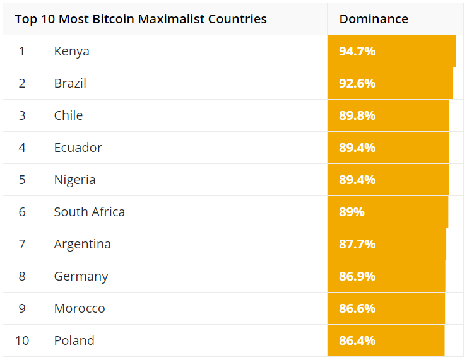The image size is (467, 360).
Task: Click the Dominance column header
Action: [x=374, y=19]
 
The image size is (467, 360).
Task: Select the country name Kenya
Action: [x=71, y=51]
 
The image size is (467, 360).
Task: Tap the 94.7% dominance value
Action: [x=357, y=51]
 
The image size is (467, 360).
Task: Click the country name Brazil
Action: [x=70, y=83]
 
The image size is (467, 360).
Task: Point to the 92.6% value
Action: [x=357, y=83]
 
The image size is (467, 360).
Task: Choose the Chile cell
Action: [x=68, y=115]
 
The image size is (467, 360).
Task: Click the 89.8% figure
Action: [x=357, y=115]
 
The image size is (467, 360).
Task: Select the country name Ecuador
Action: [x=78, y=148]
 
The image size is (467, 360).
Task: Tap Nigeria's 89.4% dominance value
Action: [x=357, y=180]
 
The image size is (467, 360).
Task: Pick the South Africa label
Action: [x=89, y=212]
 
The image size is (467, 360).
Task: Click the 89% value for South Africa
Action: [x=352, y=212]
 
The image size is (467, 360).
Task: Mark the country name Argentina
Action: [x=82, y=244]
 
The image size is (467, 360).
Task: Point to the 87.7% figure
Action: [x=357, y=244]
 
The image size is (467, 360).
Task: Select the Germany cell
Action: [x=81, y=276]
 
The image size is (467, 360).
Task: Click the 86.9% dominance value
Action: [x=357, y=276]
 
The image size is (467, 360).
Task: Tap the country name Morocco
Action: [x=80, y=308]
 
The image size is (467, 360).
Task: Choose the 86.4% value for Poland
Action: [x=357, y=340]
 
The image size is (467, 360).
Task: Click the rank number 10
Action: [x=22, y=340]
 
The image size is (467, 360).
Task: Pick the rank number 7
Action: [x=22, y=244]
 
